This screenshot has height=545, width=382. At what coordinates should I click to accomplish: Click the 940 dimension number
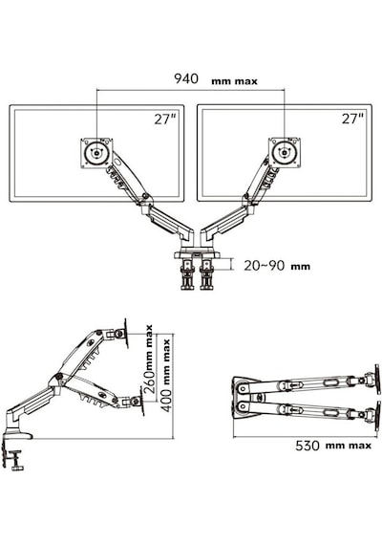point(186,78)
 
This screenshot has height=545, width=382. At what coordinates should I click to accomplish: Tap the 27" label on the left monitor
point(165,120)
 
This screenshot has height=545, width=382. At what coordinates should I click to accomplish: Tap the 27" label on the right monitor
point(352,119)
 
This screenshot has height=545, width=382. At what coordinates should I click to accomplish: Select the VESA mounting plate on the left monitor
point(96,153)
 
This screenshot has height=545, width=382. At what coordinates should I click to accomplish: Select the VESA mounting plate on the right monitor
point(285,152)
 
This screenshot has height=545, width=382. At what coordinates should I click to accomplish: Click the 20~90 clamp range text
point(265,266)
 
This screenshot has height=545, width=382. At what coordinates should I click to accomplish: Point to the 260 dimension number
point(150,381)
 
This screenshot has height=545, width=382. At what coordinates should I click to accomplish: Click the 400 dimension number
point(167,401)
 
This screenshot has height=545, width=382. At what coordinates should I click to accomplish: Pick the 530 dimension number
point(308,446)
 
